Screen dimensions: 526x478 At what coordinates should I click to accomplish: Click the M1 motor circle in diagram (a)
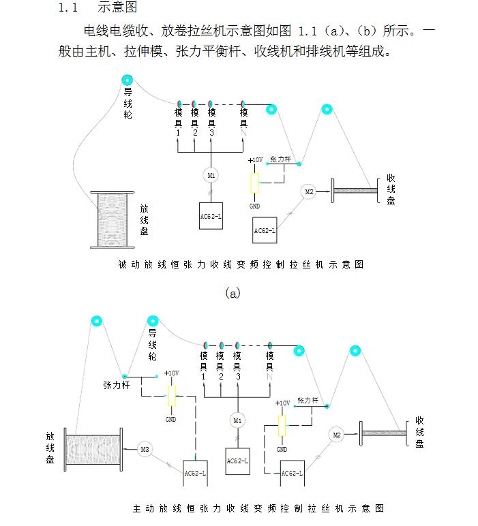[x=211, y=175]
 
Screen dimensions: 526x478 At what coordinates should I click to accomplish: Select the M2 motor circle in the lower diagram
[x=336, y=434]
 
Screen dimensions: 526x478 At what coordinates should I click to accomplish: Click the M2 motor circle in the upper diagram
[x=309, y=191]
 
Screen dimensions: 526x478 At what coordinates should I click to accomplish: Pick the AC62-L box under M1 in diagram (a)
[x=211, y=217]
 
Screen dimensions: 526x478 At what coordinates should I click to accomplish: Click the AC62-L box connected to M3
[x=196, y=472]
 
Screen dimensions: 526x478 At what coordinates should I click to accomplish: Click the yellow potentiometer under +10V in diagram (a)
[x=255, y=183]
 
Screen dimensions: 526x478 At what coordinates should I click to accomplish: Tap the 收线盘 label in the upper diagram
[x=391, y=189]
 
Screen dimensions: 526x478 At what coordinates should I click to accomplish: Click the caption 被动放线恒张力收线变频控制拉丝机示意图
[x=241, y=264]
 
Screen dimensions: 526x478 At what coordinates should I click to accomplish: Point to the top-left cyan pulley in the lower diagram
[x=97, y=321]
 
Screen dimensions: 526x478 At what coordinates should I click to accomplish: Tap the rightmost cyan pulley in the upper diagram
[x=327, y=108]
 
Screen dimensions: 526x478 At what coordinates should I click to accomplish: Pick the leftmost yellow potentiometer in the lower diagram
[x=171, y=394]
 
